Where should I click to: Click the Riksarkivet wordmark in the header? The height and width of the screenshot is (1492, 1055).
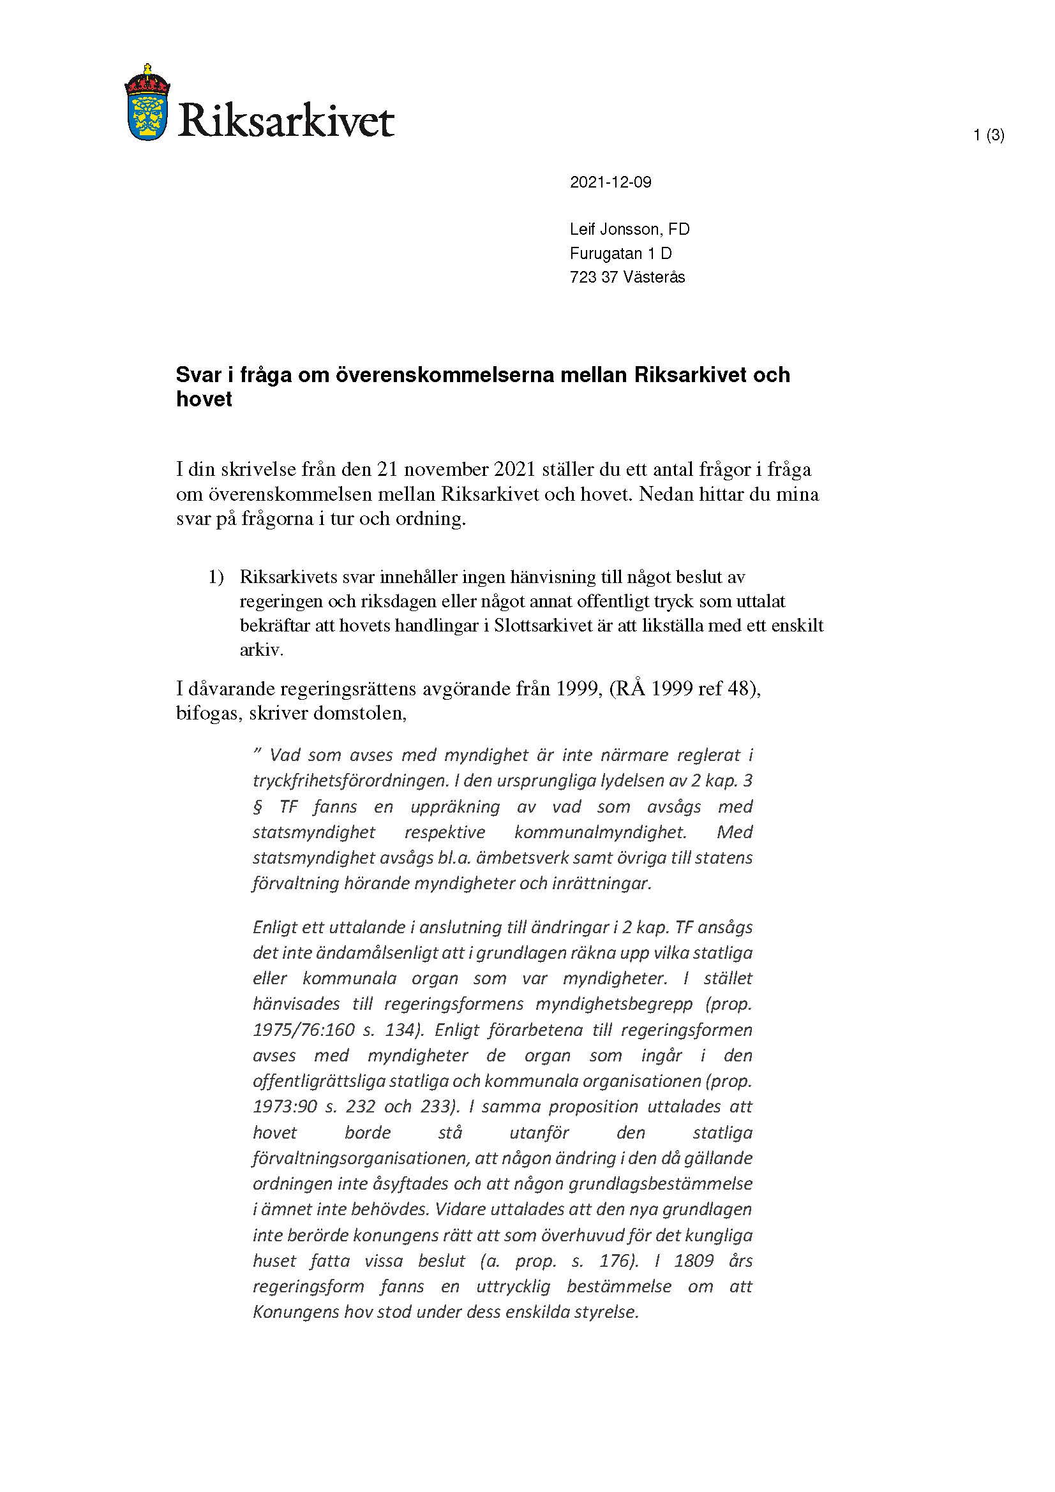[286, 119]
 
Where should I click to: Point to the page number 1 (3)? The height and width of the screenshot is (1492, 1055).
[989, 135]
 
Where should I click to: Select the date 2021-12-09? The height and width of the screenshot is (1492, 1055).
[610, 182]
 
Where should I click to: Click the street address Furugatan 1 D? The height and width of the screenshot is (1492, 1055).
[621, 253]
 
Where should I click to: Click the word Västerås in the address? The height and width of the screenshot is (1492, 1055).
[654, 277]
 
